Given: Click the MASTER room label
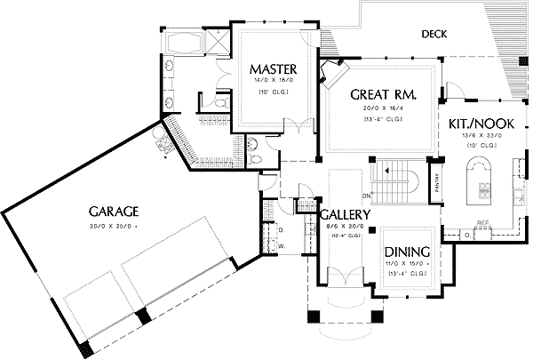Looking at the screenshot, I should coord(272,69).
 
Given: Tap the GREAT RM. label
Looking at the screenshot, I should coord(384,93).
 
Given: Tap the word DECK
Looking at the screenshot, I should coord(434,35).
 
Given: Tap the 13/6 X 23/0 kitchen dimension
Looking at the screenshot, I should coord(477,136).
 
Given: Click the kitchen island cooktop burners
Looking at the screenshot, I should coord(485,189).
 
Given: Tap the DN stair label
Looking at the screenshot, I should coord(366,194).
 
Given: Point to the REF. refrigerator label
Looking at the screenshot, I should coord(483,223).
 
